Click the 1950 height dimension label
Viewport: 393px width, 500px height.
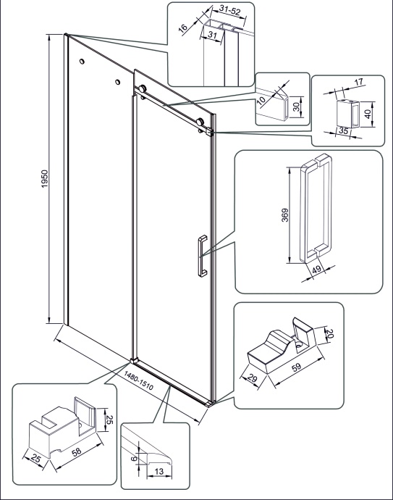[x=45, y=179]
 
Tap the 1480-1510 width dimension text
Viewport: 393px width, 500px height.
[x=138, y=380]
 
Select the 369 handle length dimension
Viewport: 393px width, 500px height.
[x=285, y=215]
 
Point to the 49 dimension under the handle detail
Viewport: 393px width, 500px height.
[x=316, y=270]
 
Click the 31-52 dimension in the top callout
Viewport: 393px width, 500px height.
[x=229, y=11]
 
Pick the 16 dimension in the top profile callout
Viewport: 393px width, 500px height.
[x=183, y=28]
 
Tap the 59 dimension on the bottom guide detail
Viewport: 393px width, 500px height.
[x=296, y=367]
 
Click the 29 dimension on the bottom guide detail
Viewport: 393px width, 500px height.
[x=252, y=378]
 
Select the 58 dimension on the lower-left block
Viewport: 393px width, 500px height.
[x=77, y=452]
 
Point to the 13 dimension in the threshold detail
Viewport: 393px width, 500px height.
[x=159, y=471]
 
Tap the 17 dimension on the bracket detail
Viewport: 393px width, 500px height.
[x=359, y=82]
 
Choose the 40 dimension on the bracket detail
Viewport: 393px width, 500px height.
[x=368, y=114]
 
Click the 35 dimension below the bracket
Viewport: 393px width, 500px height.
[x=343, y=130]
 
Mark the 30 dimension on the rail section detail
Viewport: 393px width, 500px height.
[x=297, y=107]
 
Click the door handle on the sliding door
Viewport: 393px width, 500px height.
[x=202, y=255]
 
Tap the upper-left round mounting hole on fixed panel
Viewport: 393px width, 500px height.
[x=83, y=61]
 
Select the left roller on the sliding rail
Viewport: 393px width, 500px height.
[x=143, y=89]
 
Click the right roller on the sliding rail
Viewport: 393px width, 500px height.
[x=200, y=122]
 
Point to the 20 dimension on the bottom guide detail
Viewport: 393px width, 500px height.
[x=329, y=333]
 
